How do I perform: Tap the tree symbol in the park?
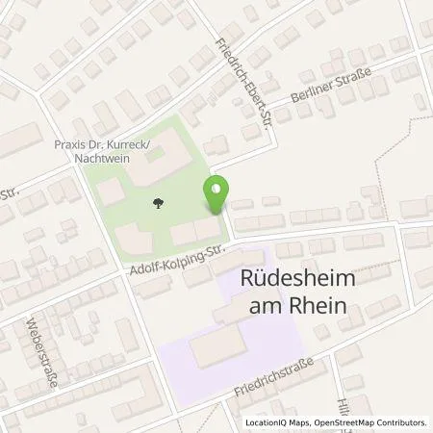coord(157,202)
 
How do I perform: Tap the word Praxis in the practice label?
coord(72,141)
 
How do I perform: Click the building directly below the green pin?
coord(205,232)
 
